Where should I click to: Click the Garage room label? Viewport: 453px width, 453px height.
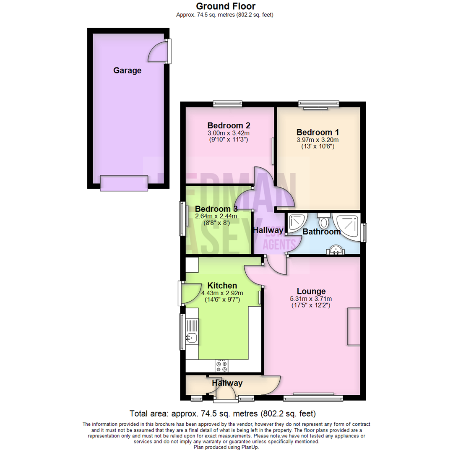tap(127, 70)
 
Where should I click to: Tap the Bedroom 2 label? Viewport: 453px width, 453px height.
tap(229, 125)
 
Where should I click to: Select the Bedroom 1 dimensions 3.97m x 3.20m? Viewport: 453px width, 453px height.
tap(318, 140)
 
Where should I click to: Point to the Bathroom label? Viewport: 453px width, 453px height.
tap(322, 232)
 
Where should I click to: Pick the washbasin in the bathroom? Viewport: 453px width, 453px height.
tap(335, 250)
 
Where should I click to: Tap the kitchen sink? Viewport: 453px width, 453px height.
tap(192, 336)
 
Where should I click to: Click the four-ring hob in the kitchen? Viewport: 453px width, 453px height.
tap(221, 366)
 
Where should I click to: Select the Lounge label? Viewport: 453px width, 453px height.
tap(311, 291)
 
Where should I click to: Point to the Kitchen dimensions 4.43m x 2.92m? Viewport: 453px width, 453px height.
tap(222, 293)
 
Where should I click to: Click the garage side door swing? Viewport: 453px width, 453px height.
tap(159, 52)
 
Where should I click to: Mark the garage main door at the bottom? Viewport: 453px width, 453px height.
tap(124, 183)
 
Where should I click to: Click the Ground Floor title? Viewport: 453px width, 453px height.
tap(226, 6)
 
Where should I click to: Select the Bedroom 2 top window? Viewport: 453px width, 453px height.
tap(227, 103)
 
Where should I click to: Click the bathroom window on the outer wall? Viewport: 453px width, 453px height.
tap(364, 232)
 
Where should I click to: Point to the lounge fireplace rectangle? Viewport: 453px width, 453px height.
tap(354, 327)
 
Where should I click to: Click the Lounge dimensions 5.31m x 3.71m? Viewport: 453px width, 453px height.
tap(311, 299)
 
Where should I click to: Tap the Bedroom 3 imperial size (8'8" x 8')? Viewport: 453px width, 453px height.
tap(216, 223)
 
